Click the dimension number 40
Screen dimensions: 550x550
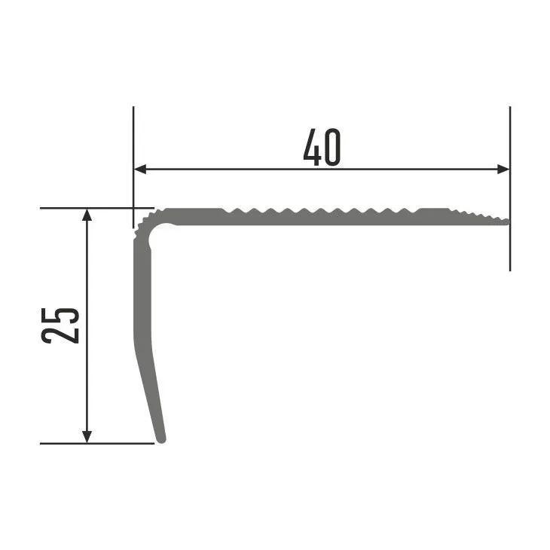click(x=322, y=148)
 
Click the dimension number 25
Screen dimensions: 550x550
click(x=60, y=325)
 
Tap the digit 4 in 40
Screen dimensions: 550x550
click(x=312, y=148)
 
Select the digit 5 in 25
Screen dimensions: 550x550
click(x=60, y=316)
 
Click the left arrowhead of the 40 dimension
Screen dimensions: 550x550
click(x=140, y=170)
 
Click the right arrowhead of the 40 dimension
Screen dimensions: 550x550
click(x=503, y=170)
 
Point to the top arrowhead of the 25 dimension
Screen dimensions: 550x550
click(x=87, y=215)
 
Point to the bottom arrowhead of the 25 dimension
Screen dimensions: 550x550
click(x=87, y=437)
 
